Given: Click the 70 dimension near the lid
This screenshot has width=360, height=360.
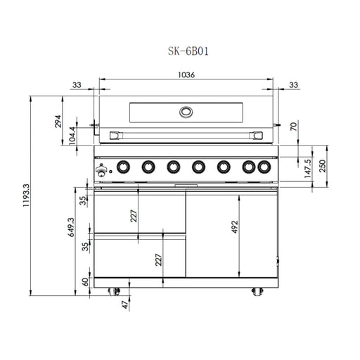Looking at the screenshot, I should [x=295, y=127].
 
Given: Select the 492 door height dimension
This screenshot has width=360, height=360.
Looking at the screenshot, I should [x=236, y=226].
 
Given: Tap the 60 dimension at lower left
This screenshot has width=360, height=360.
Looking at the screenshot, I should [x=85, y=282].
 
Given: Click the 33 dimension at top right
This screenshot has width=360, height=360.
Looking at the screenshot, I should [x=294, y=85].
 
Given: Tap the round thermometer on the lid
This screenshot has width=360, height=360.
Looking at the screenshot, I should [x=186, y=111].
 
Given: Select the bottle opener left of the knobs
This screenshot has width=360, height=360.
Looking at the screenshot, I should [x=103, y=169].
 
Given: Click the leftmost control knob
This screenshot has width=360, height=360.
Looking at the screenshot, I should [x=123, y=167].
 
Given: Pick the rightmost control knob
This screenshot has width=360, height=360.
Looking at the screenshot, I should [x=264, y=167].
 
